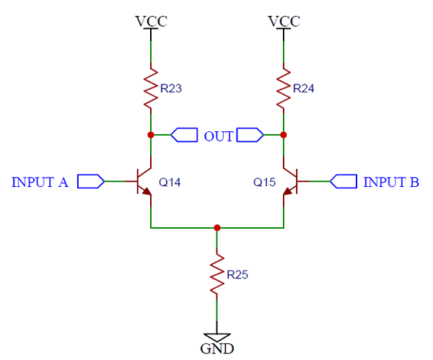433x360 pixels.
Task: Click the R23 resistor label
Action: (172, 89)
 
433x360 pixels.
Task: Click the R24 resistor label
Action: (305, 89)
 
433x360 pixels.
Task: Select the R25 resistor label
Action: (238, 275)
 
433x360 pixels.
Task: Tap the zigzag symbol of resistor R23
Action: (150, 89)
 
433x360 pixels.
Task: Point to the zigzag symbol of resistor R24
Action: (284, 89)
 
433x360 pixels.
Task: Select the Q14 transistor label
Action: (169, 183)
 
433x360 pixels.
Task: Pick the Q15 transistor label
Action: (265, 183)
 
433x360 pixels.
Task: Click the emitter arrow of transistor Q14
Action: (146, 190)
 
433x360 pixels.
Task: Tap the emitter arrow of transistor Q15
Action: (288, 190)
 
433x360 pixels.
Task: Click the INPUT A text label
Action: (40, 183)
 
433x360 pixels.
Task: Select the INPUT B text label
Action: (390, 183)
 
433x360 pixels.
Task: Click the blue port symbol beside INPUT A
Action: (90, 181)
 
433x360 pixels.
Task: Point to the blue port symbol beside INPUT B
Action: (344, 181)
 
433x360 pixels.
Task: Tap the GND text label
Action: (216, 349)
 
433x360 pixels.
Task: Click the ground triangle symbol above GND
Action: (216, 337)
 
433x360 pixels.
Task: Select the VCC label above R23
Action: (151, 21)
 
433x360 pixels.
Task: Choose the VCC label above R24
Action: (284, 21)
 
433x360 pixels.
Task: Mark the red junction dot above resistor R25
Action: (216, 227)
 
